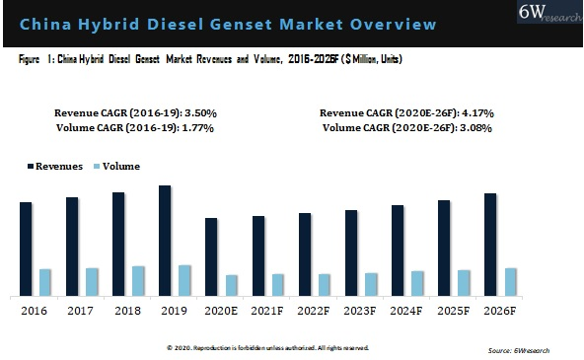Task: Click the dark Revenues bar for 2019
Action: (165, 241)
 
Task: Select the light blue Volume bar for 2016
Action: (45, 282)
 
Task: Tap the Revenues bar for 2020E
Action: (211, 256)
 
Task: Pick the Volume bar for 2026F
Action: (511, 281)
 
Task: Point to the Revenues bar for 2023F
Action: (351, 252)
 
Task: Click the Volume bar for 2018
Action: (138, 280)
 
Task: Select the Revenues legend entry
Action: (55, 167)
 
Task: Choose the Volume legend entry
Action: (117, 167)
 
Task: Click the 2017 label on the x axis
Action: (80, 311)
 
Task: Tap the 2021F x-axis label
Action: (267, 311)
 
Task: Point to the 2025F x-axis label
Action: (454, 311)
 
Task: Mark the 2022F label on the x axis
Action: (314, 311)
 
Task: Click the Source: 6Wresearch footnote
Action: (518, 350)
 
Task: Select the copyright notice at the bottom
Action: (267, 347)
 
